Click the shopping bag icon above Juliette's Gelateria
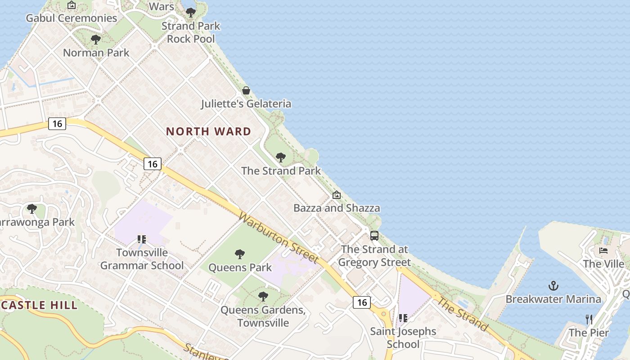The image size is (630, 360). tap(246, 90)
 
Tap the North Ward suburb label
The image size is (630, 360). tap(208, 131)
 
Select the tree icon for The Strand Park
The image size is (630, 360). tap(281, 157)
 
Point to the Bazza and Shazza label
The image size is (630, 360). tap(337, 208)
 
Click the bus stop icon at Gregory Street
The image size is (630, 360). tap(374, 236)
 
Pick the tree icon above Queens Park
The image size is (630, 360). tap(240, 254)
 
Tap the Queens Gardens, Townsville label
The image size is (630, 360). tap(263, 316)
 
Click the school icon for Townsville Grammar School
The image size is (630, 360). tap(142, 239)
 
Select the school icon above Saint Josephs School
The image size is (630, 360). tap(403, 318)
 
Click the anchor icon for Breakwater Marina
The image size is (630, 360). tap(553, 286)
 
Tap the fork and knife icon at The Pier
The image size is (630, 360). tap(589, 319)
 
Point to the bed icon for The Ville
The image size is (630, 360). tap(603, 250)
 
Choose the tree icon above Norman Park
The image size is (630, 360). tap(96, 40)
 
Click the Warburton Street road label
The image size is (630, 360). tap(279, 238)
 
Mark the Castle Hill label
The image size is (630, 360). tap(39, 305)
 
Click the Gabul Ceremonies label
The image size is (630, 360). tap(72, 18)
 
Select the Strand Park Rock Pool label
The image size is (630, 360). tap(191, 32)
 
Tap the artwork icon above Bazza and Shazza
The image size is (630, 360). tap(337, 195)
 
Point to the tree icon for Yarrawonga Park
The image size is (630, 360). tap(31, 209)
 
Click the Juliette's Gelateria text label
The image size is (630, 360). tap(246, 104)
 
